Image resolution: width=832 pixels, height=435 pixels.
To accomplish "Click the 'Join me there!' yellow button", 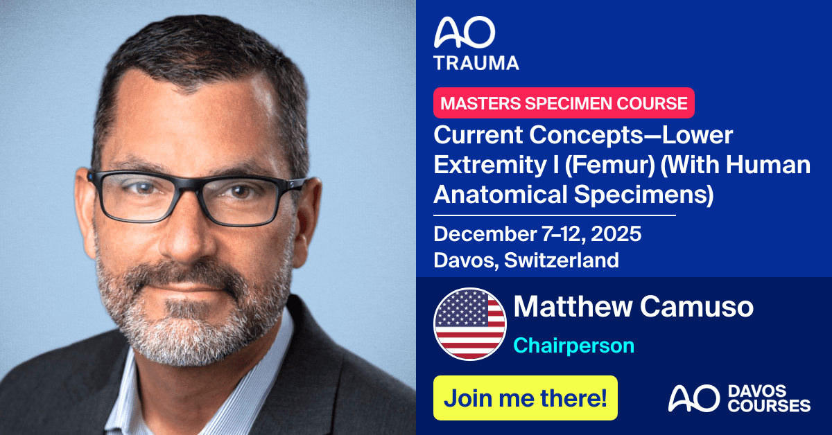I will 525,398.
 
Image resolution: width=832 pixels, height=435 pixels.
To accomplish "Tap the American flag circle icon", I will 469,322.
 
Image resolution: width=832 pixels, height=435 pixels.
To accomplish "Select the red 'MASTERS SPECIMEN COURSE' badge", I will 564,103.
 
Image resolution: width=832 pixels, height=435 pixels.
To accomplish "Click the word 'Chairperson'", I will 573,345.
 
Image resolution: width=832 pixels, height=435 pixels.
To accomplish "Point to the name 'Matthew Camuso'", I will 633,306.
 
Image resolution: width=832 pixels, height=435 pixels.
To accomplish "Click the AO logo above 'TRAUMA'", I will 465,33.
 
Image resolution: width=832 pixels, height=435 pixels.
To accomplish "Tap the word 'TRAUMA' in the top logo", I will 476,63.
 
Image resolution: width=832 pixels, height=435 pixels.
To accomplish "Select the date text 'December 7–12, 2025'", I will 537,234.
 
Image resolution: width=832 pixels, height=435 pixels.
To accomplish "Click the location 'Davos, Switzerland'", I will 526,260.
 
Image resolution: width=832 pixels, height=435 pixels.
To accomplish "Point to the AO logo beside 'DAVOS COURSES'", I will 688,399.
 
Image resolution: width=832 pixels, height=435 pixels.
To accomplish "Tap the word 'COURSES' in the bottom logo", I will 768,406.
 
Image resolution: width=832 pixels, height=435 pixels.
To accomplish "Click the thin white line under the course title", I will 554,215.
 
